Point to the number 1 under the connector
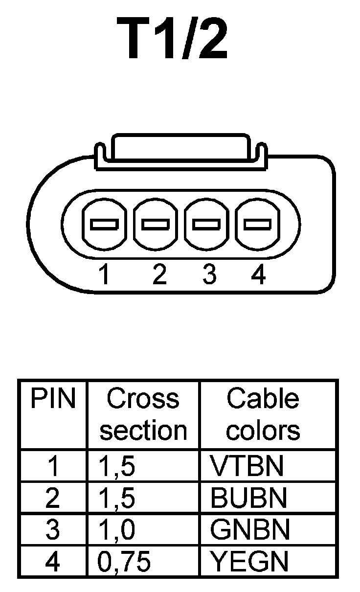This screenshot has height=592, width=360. click(x=104, y=275)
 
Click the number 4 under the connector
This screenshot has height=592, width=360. click(x=258, y=275)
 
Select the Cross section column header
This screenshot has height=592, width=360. click(x=143, y=415)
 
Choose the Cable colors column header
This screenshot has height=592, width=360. click(x=263, y=415)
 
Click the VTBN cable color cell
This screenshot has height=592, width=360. click(x=247, y=466)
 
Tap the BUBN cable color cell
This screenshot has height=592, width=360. click(x=248, y=498)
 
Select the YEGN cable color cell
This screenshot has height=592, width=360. click(x=249, y=562)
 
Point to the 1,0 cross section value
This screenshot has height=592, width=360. click(x=116, y=530)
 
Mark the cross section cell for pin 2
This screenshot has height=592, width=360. click(x=116, y=499)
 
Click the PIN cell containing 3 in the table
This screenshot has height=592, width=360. click(x=52, y=530)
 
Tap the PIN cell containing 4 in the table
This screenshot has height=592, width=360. click(x=52, y=562)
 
